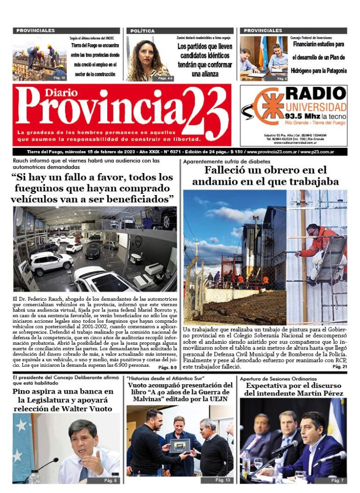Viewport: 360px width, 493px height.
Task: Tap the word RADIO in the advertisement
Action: [316, 94]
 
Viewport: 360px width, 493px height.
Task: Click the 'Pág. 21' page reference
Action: [339, 367]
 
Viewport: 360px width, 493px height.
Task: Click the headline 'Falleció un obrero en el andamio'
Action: [265, 175]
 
